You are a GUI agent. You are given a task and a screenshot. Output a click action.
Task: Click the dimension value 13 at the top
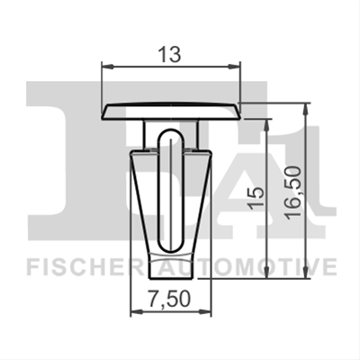coord(170,55)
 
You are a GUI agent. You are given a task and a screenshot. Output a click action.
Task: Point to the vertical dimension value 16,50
coord(293,193)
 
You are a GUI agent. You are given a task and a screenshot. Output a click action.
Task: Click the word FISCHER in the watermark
coord(85,265)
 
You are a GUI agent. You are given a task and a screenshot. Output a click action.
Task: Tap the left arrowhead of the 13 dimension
coord(108,67)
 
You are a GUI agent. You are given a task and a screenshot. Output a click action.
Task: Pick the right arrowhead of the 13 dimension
coord(234,67)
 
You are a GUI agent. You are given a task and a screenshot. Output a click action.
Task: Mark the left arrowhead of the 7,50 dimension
coord(136,312)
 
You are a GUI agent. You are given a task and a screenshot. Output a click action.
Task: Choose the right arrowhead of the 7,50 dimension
coord(205,312)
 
